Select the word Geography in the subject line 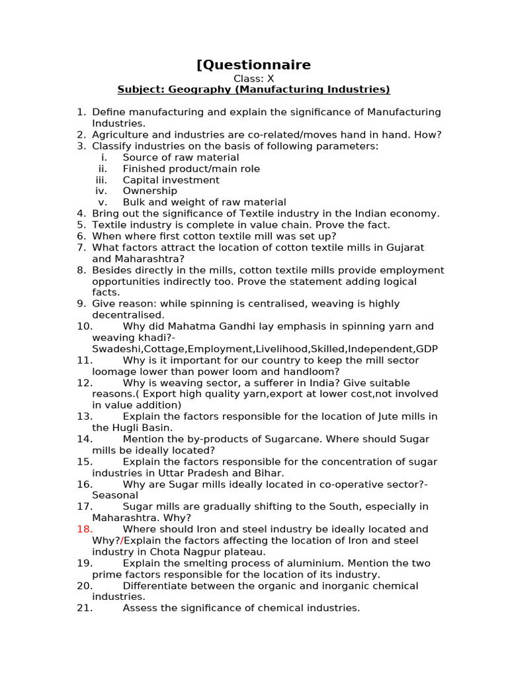point(197,89)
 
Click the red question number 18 point(85,529)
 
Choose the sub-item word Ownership point(150,191)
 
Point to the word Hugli point(126,428)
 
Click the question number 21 point(85,608)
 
